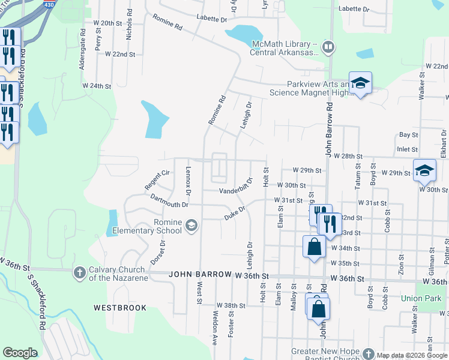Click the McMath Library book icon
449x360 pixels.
[x=328, y=46]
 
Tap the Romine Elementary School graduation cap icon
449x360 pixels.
[x=191, y=226]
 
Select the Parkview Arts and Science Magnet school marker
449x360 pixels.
[x=360, y=83]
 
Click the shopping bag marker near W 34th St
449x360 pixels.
[x=315, y=246]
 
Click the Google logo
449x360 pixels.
[x=20, y=353]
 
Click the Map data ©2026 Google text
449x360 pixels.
[x=411, y=355]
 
